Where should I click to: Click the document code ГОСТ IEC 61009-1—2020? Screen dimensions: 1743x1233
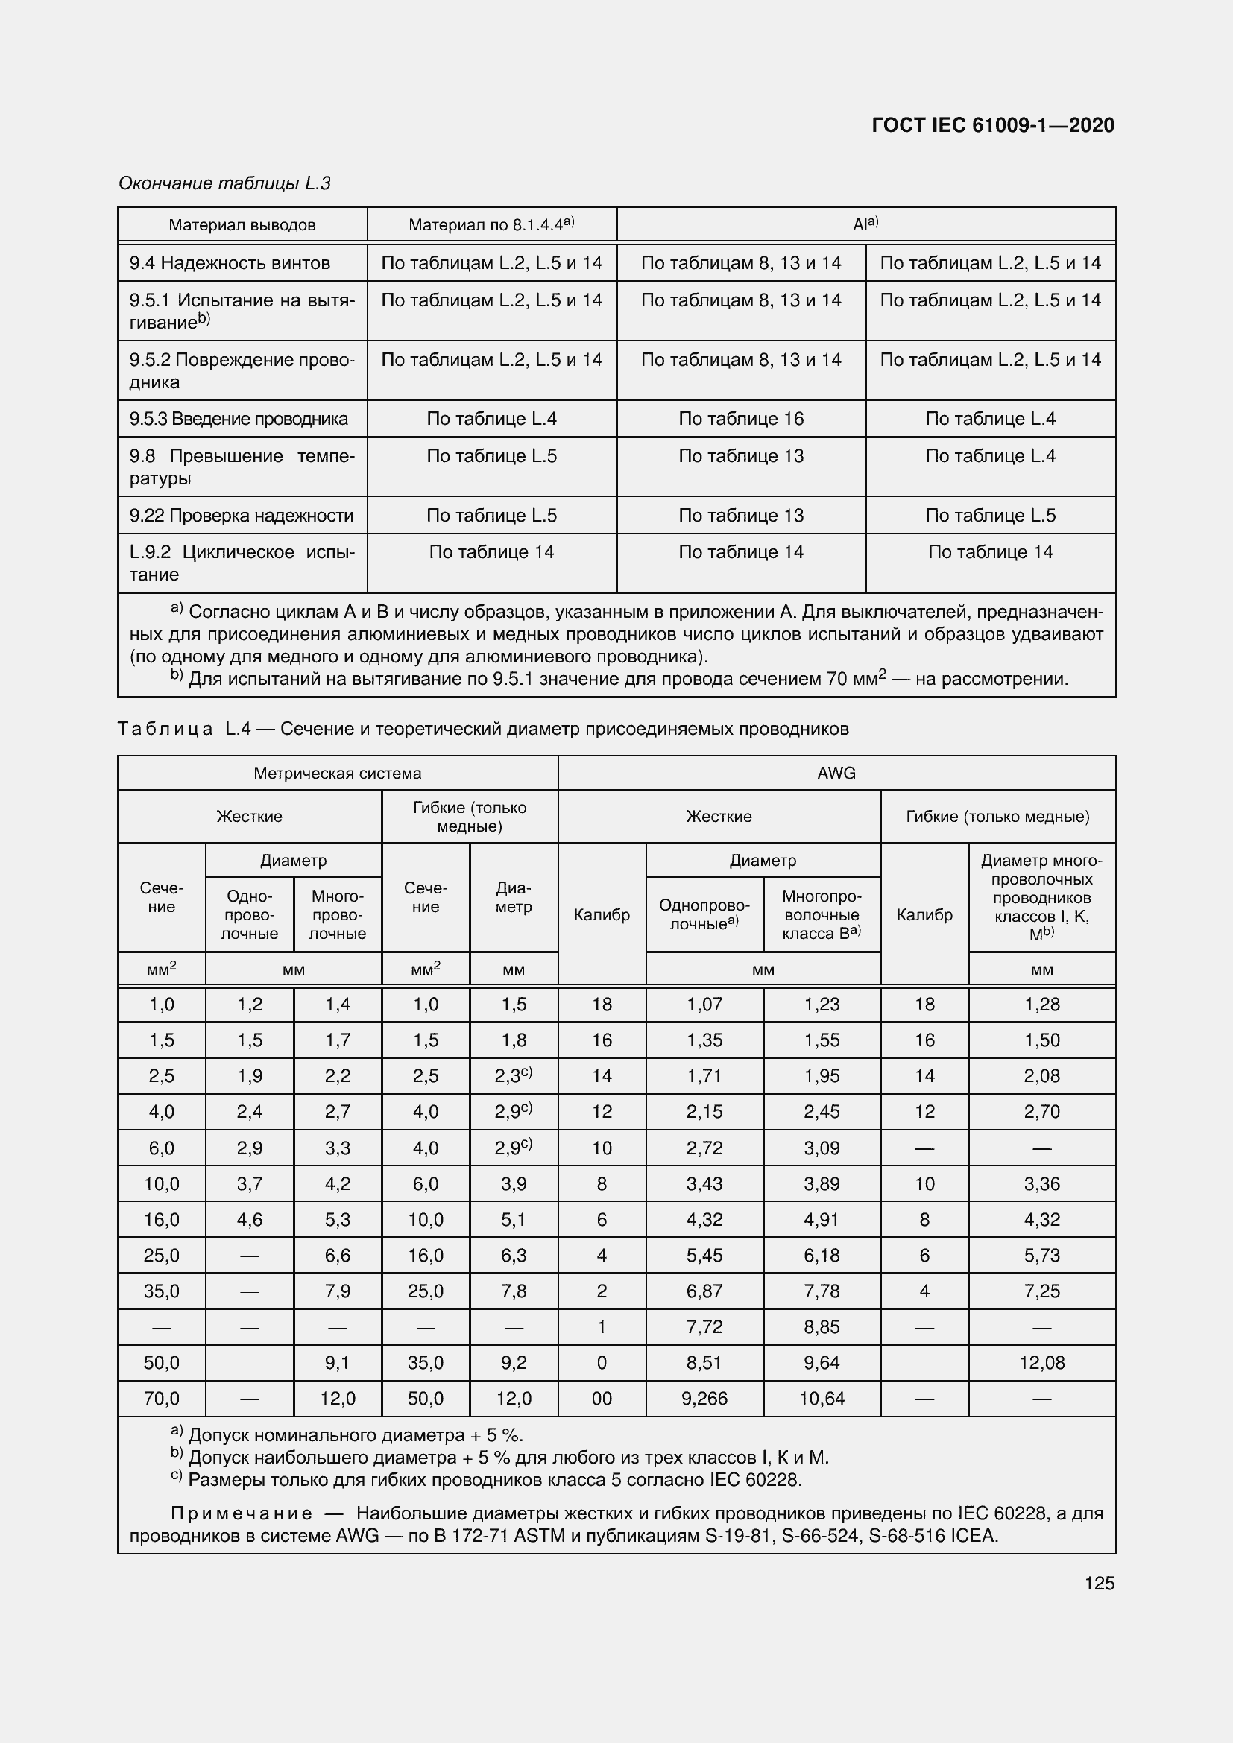tap(992, 125)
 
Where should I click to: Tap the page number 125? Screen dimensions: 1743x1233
tap(1100, 1583)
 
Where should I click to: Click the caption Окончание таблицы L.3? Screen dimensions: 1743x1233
tap(224, 183)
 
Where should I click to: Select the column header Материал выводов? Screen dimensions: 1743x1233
tap(242, 225)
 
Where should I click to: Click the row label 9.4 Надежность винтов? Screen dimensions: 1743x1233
tap(230, 262)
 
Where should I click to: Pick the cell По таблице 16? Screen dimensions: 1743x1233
tap(740, 418)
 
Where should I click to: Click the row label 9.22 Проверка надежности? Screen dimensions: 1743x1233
tap(241, 516)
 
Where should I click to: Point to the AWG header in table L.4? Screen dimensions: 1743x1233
tap(836, 773)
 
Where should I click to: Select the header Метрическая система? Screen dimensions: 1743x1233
tap(337, 773)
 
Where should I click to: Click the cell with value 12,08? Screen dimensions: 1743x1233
tap(1041, 1363)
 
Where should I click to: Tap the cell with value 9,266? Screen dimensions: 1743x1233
tap(704, 1398)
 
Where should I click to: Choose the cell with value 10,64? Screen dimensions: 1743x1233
tap(822, 1398)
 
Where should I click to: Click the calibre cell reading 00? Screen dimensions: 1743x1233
tap(602, 1398)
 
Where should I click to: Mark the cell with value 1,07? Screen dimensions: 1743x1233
tap(704, 1005)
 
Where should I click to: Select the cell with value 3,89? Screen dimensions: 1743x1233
tap(822, 1183)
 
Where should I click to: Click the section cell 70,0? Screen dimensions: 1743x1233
tap(161, 1398)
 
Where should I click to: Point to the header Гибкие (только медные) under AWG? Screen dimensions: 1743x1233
tap(997, 816)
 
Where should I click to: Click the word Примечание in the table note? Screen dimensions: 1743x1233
tap(241, 1513)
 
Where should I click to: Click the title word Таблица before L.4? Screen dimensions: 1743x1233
tap(165, 729)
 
